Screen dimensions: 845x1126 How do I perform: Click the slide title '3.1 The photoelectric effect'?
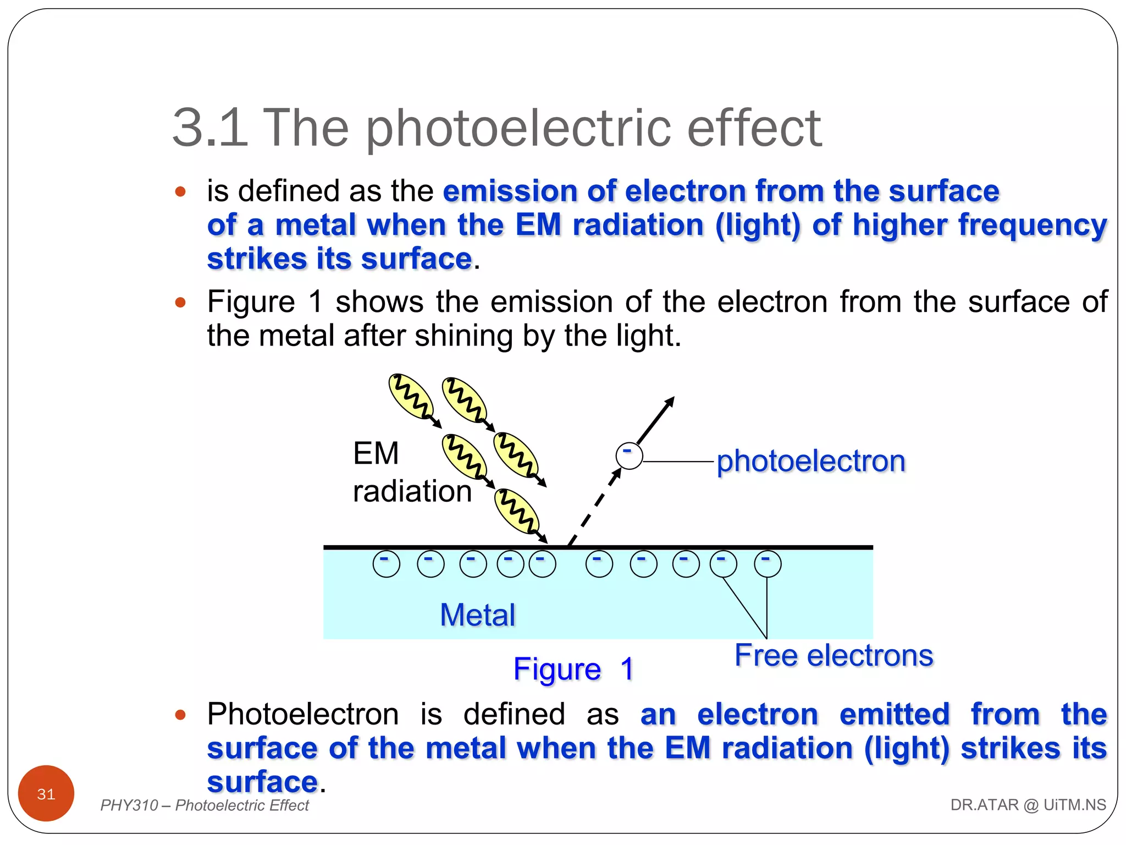(496, 128)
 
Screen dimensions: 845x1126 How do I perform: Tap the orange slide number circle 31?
(46, 793)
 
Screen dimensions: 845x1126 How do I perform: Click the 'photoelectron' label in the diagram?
(810, 461)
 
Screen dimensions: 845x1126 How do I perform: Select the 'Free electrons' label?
(834, 655)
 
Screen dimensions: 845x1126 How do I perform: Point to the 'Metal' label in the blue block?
(477, 614)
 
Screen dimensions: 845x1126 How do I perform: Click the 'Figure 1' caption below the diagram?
(573, 669)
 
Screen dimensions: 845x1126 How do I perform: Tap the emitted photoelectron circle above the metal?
(629, 456)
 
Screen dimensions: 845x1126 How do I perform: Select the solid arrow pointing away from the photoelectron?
(655, 420)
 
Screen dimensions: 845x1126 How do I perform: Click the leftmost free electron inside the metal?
(387, 564)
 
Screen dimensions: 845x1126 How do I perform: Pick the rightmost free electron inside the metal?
(767, 564)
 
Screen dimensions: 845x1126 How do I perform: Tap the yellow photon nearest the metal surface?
(516, 512)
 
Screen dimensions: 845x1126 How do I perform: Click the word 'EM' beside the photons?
(376, 453)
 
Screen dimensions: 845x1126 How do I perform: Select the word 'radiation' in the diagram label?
(412, 491)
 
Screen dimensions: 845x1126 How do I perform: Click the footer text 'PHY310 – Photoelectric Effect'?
(205, 805)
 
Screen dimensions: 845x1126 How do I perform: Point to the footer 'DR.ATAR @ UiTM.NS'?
(1028, 805)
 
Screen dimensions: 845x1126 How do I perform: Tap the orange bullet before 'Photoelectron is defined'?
(180, 715)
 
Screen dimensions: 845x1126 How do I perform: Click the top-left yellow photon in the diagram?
(411, 396)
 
